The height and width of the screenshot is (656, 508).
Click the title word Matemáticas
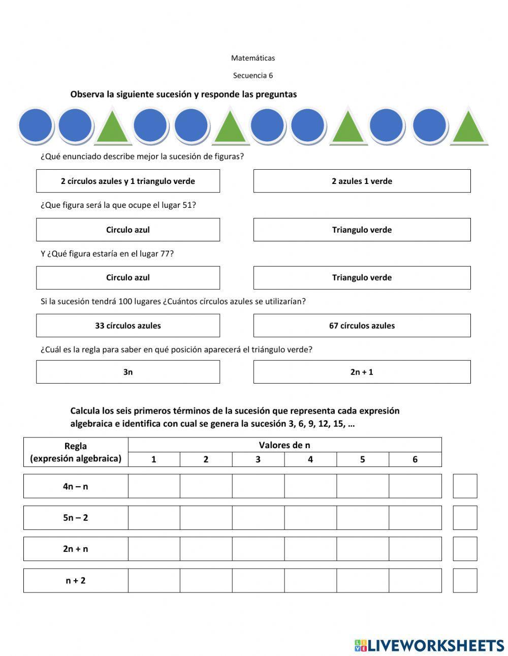(252, 58)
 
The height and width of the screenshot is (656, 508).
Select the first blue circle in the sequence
(35, 125)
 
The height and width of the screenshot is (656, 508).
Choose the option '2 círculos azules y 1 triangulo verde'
(128, 181)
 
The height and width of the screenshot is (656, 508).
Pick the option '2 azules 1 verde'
(362, 181)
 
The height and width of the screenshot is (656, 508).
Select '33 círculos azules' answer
(128, 326)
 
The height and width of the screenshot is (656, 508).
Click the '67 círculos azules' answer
(362, 326)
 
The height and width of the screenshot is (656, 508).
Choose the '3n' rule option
(128, 372)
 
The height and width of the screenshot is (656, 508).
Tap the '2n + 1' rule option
(362, 372)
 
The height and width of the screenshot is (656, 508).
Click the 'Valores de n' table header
(284, 445)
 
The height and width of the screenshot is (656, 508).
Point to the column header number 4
(310, 459)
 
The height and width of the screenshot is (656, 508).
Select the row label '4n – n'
(75, 486)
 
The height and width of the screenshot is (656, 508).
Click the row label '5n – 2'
(75, 518)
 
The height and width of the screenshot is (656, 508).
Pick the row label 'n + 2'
(75, 580)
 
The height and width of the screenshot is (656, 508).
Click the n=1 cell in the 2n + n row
(154, 549)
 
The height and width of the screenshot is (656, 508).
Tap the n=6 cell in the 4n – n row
(415, 486)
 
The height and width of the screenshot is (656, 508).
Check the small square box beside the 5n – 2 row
(465, 518)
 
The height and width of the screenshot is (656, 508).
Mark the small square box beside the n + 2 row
(465, 580)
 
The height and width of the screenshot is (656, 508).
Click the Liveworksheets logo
(429, 645)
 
